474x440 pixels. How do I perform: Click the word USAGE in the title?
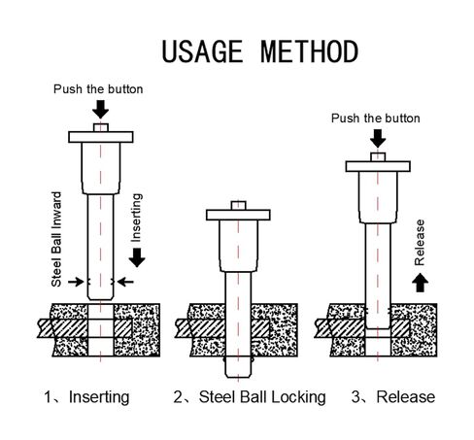click(202, 51)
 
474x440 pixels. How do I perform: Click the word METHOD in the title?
click(310, 51)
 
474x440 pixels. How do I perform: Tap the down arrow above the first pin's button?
click(101, 109)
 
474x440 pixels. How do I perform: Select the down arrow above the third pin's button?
click(378, 138)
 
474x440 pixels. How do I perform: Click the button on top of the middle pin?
click(238, 206)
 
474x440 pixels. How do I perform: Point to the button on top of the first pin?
click(101, 127)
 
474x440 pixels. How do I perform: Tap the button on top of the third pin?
click(378, 157)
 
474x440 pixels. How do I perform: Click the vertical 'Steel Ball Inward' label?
click(56, 239)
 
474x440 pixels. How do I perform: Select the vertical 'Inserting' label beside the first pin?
click(136, 218)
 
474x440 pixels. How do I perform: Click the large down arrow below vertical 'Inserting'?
click(137, 257)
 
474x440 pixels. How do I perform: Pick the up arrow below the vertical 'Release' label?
click(420, 283)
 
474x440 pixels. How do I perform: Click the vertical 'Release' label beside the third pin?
click(420, 243)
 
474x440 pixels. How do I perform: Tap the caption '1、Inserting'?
click(86, 397)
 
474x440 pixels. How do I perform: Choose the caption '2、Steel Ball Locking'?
click(250, 397)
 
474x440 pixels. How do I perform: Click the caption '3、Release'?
click(393, 397)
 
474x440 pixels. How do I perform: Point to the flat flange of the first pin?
click(101, 137)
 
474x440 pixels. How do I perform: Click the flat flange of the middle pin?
click(238, 215)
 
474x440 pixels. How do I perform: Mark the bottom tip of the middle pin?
click(238, 377)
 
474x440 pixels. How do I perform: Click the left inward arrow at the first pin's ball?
click(76, 282)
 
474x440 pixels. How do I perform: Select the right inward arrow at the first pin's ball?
click(125, 282)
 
